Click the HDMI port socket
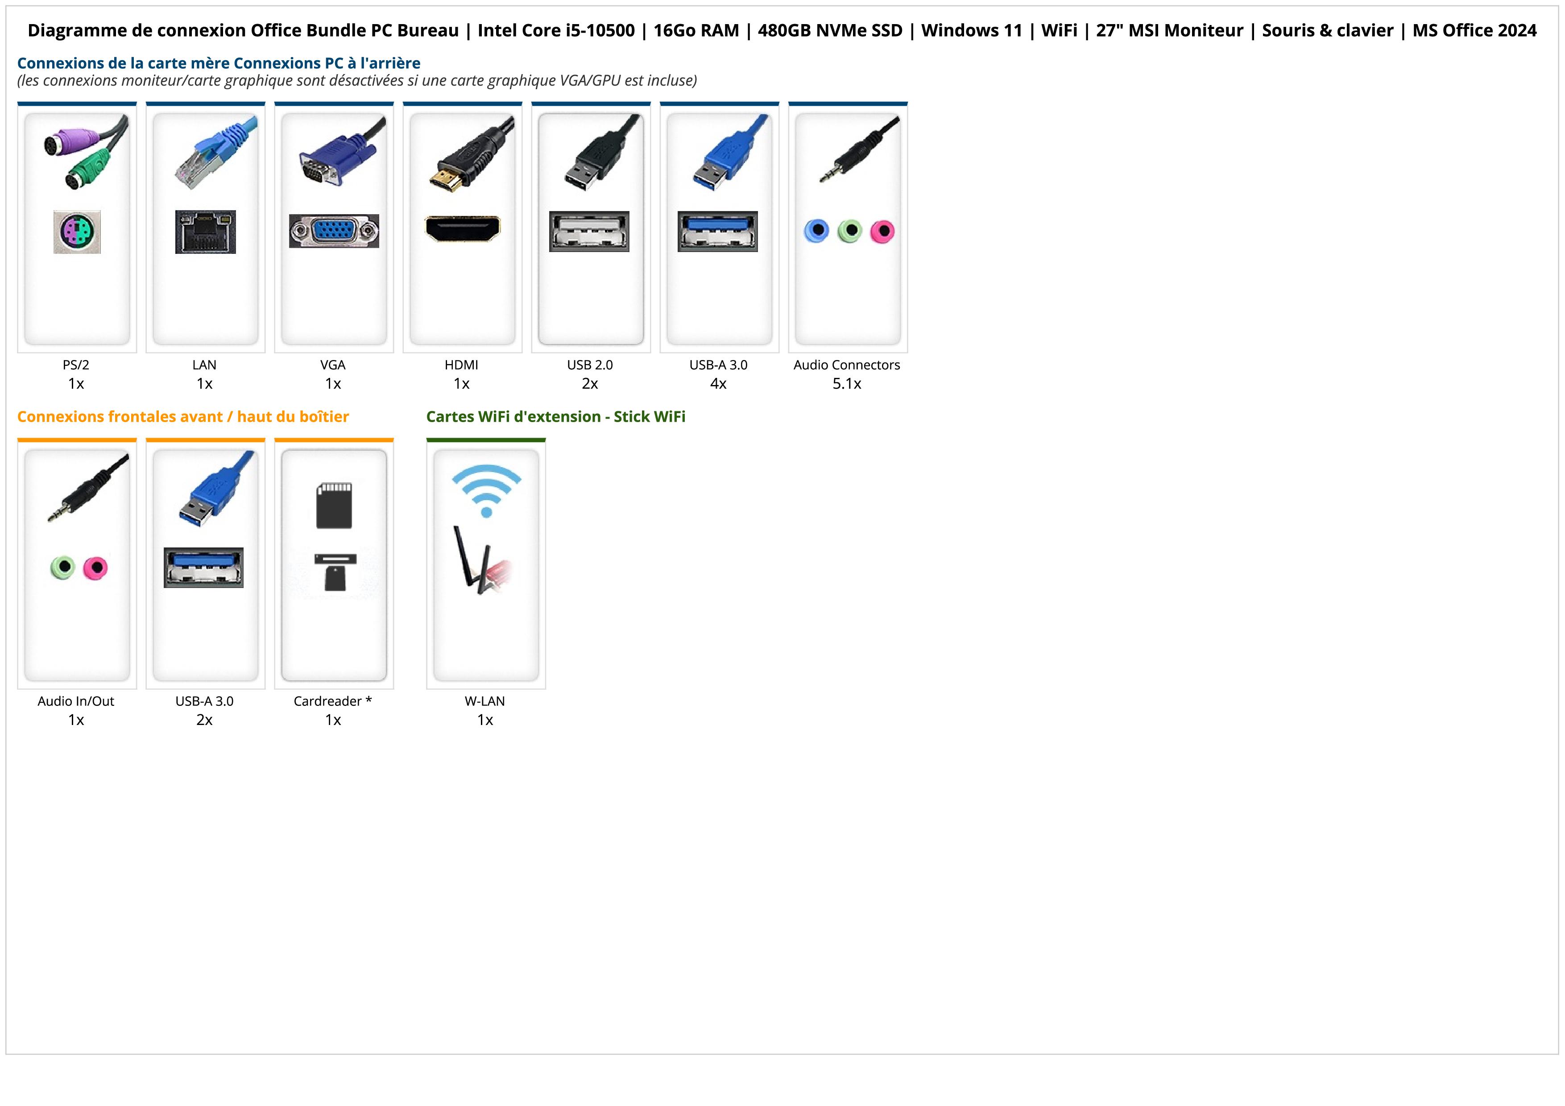(462, 229)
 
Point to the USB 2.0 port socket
(589, 232)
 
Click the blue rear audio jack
(816, 231)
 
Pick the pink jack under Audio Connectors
(882, 232)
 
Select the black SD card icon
(334, 505)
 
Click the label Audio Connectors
(847, 365)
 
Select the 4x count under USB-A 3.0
(718, 384)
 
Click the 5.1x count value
(847, 384)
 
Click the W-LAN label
(484, 701)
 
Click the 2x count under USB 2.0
(590, 384)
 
